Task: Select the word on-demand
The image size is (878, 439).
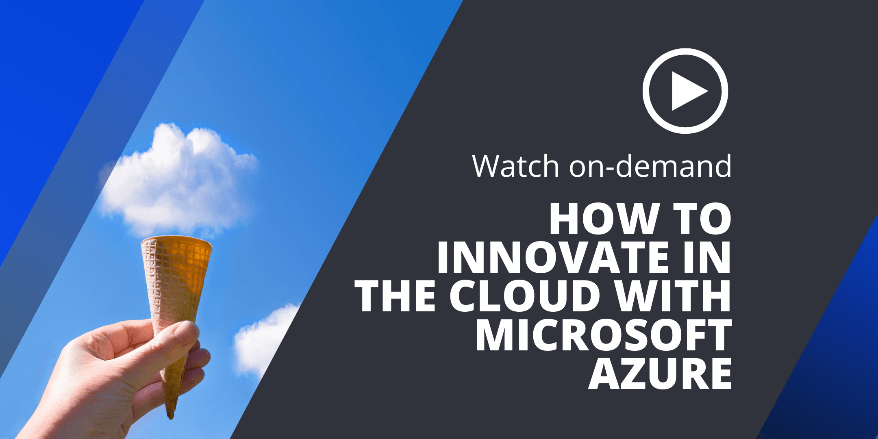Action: tap(650, 166)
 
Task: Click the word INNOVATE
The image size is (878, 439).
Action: tap(553, 257)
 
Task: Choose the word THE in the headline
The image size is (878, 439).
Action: tap(396, 296)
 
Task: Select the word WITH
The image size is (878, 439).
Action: tap(673, 296)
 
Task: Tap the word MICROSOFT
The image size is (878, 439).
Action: tap(604, 334)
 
